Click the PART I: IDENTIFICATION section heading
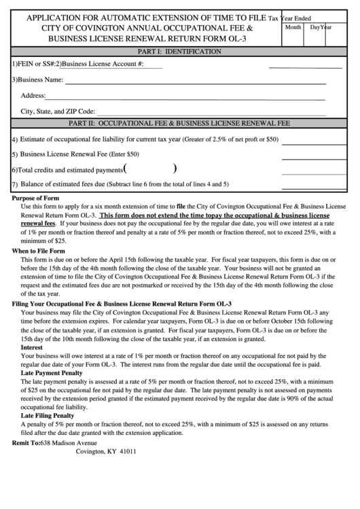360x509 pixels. (x=179, y=52)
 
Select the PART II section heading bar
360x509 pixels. (x=179, y=124)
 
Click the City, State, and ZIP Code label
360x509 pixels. (x=58, y=111)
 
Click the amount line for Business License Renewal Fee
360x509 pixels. (x=308, y=154)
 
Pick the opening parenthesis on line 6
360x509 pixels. (x=126, y=169)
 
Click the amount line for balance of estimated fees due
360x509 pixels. (x=308, y=185)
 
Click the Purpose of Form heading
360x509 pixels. (x=36, y=198)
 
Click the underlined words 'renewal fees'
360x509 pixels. (x=38, y=223)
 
